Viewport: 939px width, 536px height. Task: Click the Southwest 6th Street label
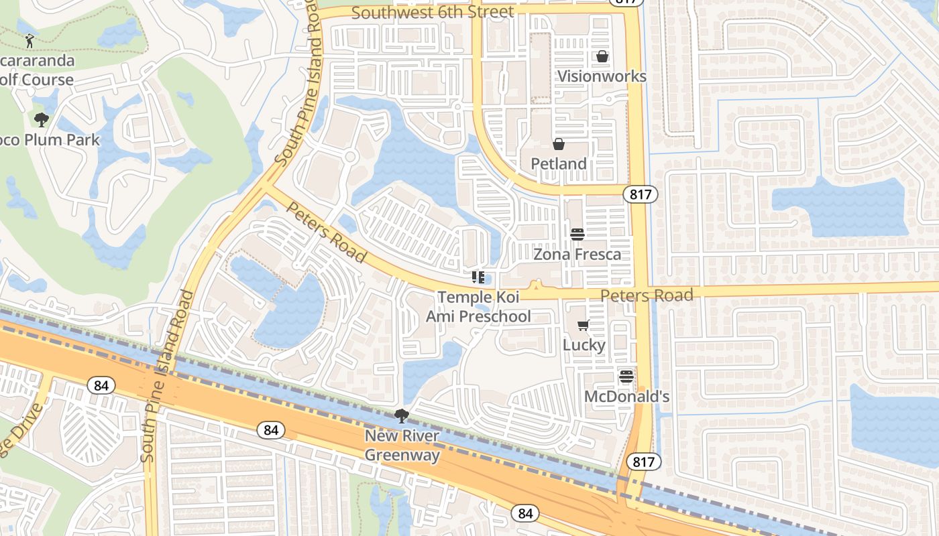(433, 12)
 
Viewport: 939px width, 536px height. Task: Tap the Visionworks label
(602, 76)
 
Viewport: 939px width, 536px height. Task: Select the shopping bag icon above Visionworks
(602, 56)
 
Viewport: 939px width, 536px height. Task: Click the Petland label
(559, 163)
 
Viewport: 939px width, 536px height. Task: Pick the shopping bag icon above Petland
(558, 144)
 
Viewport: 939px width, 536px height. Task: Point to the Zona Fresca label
(577, 254)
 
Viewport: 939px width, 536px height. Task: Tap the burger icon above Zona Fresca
(577, 234)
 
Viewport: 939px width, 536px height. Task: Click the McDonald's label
(627, 396)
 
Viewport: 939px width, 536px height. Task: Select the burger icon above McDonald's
(626, 377)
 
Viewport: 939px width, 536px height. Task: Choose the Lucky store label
(584, 344)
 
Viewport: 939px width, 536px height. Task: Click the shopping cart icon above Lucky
(584, 326)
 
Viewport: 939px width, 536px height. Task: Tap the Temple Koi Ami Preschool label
(478, 306)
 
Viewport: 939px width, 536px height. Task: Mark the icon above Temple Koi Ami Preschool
(478, 277)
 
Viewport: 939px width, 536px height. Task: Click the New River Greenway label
(402, 446)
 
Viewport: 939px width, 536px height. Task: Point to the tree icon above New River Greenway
(402, 417)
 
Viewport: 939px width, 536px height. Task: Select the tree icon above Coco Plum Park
(42, 121)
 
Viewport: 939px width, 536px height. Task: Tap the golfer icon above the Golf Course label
(30, 42)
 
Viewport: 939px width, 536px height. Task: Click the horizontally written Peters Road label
(647, 295)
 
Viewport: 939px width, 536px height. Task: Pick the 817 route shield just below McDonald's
(644, 461)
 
